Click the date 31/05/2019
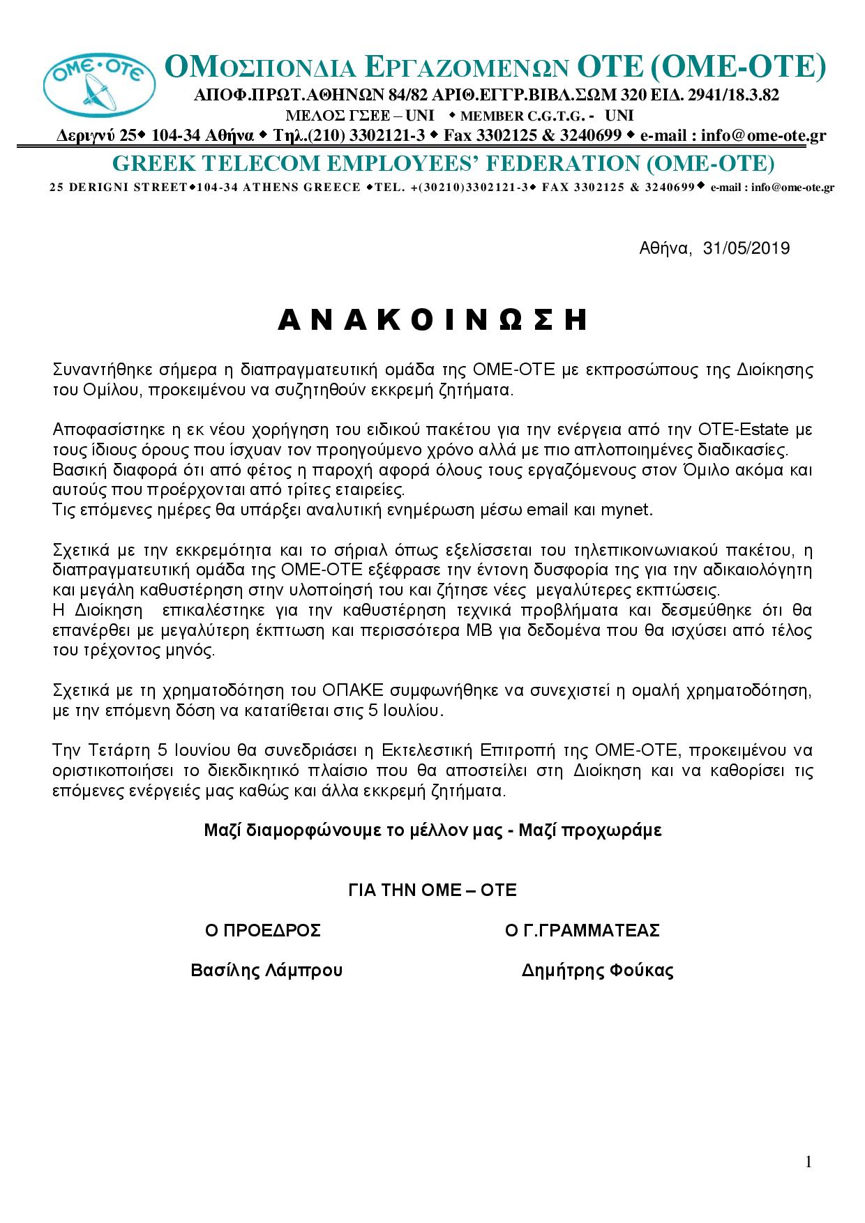coord(746,248)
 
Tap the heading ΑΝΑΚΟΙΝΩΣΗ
coord(433,320)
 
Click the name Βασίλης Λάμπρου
coord(266,971)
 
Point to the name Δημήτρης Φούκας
coord(597,971)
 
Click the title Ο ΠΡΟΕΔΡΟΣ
coord(263,930)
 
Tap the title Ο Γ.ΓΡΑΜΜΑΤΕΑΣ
coord(582,930)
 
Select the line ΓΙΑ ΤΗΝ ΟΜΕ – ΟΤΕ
coord(433,890)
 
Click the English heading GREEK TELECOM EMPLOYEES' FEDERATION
coord(444,163)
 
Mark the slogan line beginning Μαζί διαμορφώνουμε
coord(433,830)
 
